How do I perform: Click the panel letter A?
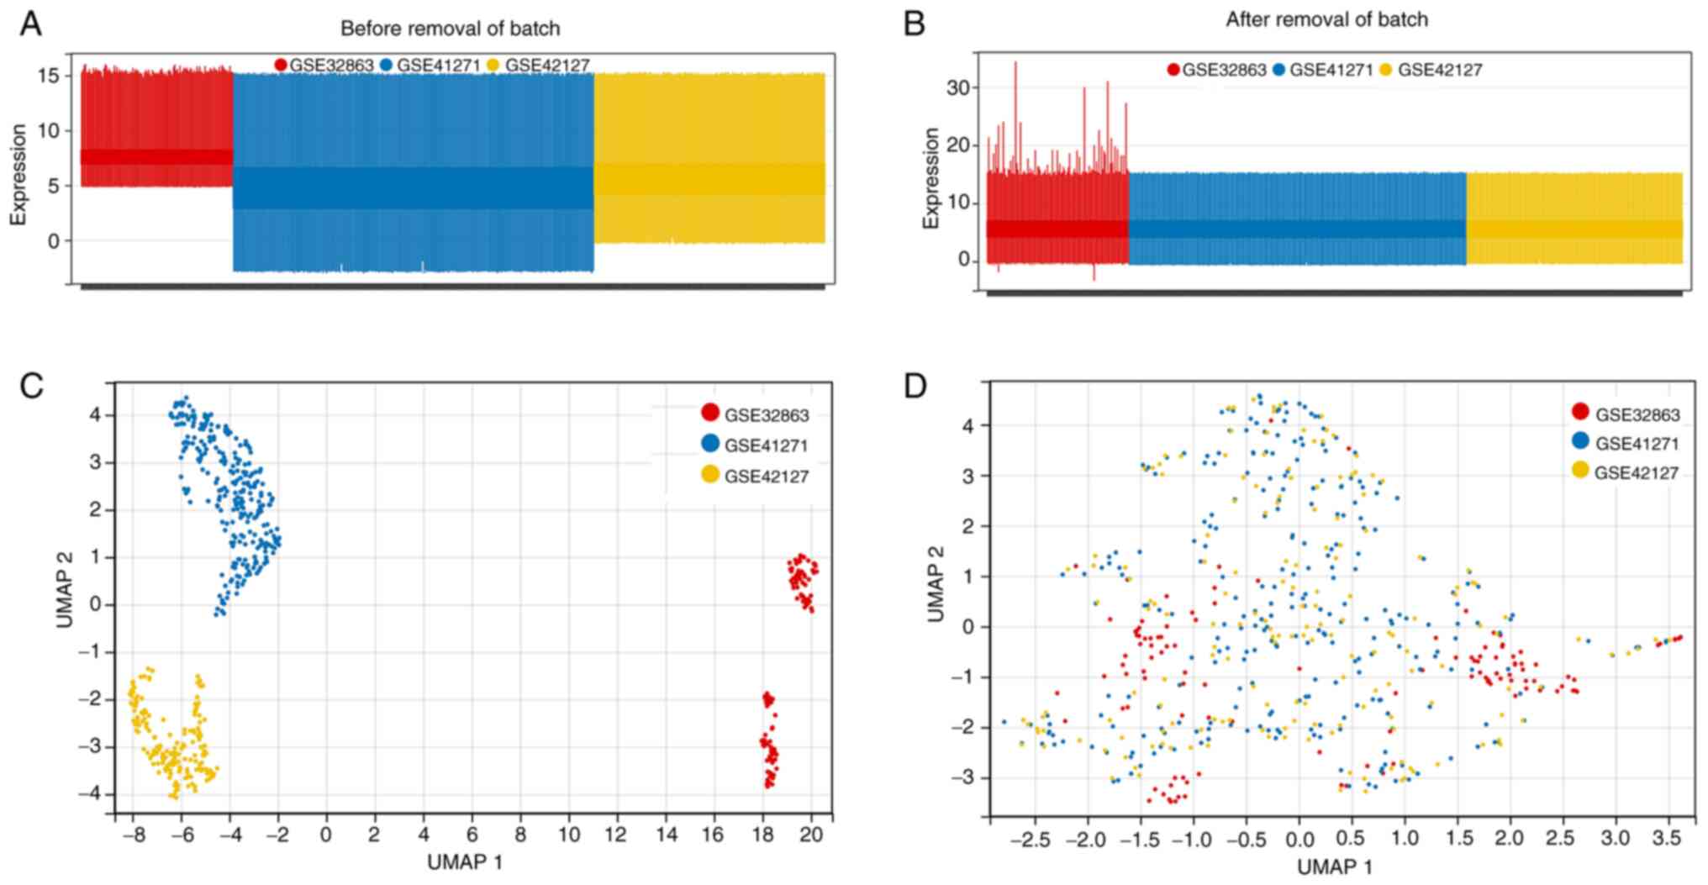(x=31, y=24)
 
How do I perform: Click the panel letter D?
(x=914, y=386)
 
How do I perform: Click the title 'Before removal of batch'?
(x=450, y=29)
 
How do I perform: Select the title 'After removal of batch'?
(x=1326, y=19)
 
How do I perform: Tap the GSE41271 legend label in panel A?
(x=438, y=66)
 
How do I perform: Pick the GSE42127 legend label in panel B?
(x=1440, y=71)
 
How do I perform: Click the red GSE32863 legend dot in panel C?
(x=710, y=413)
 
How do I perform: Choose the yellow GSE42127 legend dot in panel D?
(x=1580, y=471)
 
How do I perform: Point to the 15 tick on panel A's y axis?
(x=49, y=76)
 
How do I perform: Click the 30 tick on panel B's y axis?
(x=957, y=87)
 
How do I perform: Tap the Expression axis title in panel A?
(x=18, y=175)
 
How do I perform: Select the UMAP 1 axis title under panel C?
(x=465, y=862)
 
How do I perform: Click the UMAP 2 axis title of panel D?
(x=935, y=583)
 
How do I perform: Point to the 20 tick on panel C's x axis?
(x=811, y=835)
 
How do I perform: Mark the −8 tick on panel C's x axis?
(x=132, y=835)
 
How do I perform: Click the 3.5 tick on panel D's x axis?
(x=1667, y=839)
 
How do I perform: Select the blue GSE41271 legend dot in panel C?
(x=710, y=444)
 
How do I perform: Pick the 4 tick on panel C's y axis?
(x=95, y=414)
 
